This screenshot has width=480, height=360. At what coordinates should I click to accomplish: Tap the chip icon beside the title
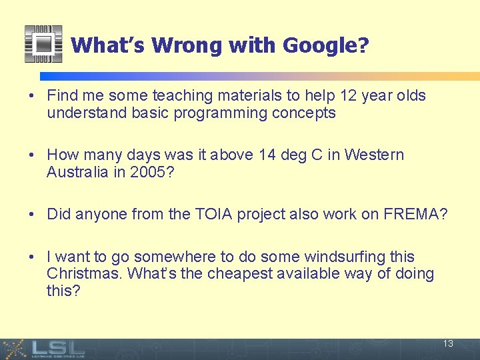click(43, 44)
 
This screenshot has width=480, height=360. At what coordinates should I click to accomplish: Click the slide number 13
click(448, 344)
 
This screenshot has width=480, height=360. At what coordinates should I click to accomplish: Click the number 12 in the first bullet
click(349, 96)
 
